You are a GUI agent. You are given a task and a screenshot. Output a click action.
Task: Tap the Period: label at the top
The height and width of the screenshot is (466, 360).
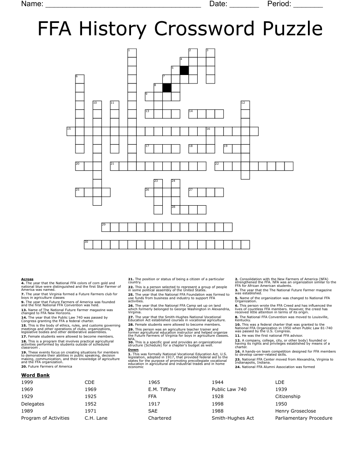pyautogui.click(x=279, y=4)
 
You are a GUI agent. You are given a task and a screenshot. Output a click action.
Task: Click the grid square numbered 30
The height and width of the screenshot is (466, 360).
pyautogui.click(x=88, y=244)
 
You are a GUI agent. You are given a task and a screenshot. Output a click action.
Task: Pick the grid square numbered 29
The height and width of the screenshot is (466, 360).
pyautogui.click(x=106, y=227)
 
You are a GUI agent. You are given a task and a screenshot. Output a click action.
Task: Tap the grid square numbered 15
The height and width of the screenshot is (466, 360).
pyautogui.click(x=71, y=131)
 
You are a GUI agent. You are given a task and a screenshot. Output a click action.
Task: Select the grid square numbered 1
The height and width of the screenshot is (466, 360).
pyautogui.click(x=132, y=53)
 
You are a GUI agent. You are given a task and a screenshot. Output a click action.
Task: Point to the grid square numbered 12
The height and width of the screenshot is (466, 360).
pyautogui.click(x=245, y=105)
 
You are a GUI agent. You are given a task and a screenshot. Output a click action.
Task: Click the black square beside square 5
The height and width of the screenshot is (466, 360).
pyautogui.click(x=184, y=70)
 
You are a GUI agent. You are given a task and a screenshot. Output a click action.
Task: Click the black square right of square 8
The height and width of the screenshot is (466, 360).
pyautogui.click(x=167, y=87)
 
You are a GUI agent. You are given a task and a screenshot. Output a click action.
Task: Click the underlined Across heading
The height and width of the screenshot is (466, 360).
pyautogui.click(x=27, y=279)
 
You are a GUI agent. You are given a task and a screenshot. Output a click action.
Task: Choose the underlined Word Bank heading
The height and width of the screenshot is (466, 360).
pyautogui.click(x=35, y=375)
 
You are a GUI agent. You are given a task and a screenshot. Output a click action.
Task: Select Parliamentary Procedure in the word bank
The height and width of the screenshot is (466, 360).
pyautogui.click(x=304, y=418)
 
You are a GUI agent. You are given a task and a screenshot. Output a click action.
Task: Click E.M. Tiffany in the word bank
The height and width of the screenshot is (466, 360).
pyautogui.click(x=162, y=389)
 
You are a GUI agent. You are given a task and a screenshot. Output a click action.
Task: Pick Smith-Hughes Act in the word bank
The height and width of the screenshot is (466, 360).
pyautogui.click(x=233, y=418)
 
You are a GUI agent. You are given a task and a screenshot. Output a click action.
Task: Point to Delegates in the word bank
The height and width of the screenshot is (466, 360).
pyautogui.click(x=33, y=404)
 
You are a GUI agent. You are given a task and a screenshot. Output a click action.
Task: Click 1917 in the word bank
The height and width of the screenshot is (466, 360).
pyautogui.click(x=154, y=404)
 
